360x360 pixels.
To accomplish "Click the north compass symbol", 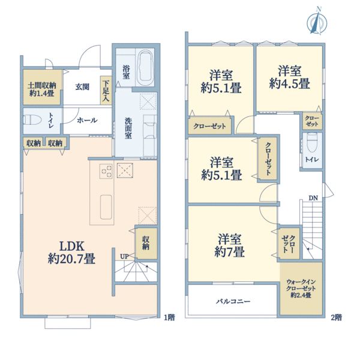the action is pos(317,22).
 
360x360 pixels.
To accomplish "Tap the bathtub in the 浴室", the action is pos(145,68).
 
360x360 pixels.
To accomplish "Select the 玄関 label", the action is pos(82,87).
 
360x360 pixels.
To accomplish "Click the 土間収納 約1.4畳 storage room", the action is pos(43,87).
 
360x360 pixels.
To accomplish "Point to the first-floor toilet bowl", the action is pos(32,120).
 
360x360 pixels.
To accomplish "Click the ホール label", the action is pos(87,120).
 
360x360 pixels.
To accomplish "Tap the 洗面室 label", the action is pos(128,128).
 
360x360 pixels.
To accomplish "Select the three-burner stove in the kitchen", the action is pos(106,171).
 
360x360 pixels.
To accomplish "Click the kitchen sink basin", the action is pos(106,207).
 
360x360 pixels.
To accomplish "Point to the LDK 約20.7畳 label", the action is pos(71,253).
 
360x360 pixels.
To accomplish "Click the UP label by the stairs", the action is pos(124,256).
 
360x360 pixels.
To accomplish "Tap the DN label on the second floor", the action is pos(313,198).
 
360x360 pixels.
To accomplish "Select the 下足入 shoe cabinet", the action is pos(106,91).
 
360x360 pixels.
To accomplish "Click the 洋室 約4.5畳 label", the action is pos(290,77).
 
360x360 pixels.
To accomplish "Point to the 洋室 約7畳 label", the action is pos(229,245).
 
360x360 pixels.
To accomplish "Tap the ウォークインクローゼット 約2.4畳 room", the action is pos(301,289).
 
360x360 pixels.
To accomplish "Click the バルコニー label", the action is pos(233,301).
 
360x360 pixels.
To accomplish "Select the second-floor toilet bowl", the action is pos(312,143).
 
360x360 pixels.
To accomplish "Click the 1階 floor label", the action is pos(169,317).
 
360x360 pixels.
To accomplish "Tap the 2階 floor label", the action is pos(337,317).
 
